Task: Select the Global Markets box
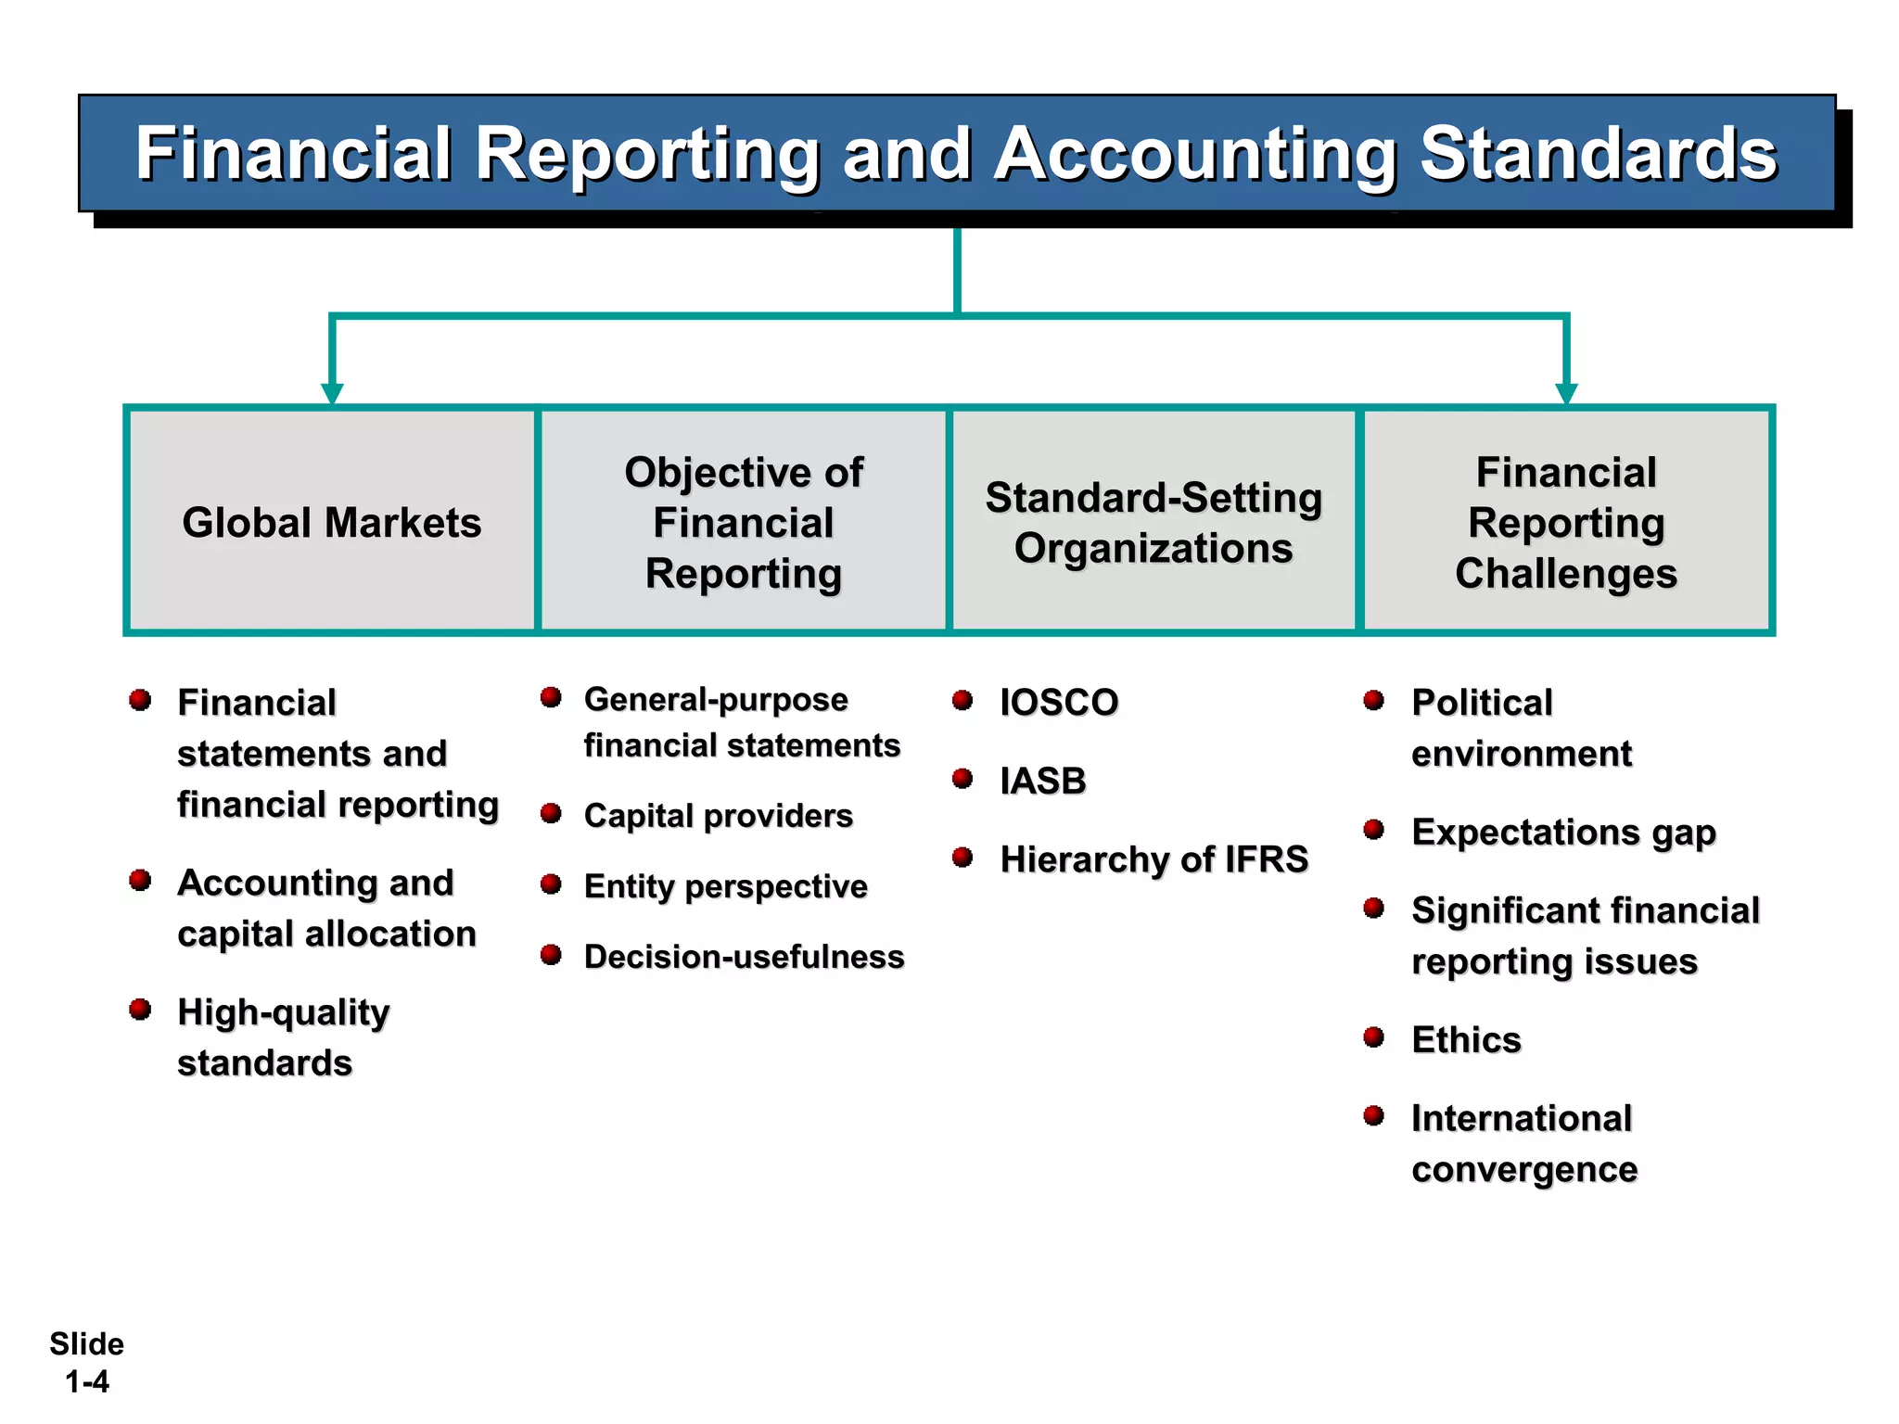331,522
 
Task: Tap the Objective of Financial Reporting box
743,522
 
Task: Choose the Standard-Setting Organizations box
1153,522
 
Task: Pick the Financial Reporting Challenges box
1565,522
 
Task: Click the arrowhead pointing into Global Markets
332,393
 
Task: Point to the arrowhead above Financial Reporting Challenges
1566,393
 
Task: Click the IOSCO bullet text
1059,703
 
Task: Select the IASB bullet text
1043,782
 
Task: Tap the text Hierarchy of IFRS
1153,859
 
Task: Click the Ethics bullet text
1466,1040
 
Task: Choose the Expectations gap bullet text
1563,833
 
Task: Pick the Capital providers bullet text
718,816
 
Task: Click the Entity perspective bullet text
725,886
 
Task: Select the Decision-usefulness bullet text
744,957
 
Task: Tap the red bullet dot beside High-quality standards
140,1009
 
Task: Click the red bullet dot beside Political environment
1373,700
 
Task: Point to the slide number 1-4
87,1381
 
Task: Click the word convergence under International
1524,1170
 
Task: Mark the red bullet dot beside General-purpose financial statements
551,697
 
